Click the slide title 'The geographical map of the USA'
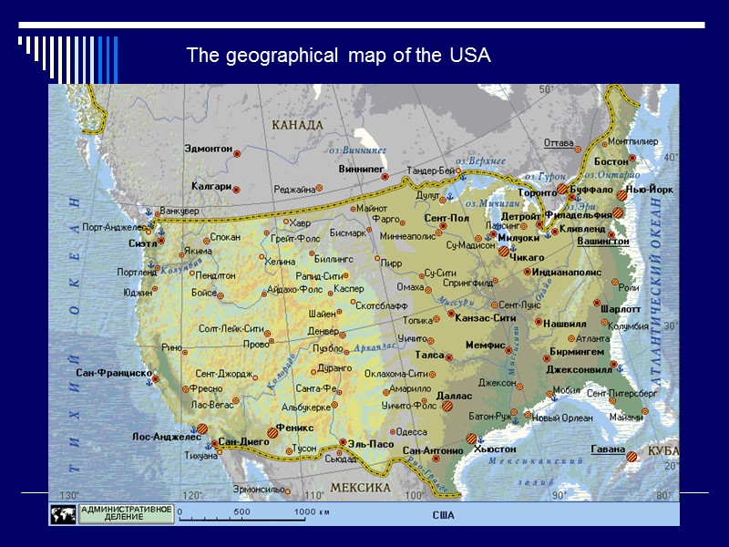click(x=338, y=57)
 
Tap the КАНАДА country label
click(x=297, y=125)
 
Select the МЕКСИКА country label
click(x=360, y=488)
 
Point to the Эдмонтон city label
click(x=208, y=148)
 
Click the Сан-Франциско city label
click(x=113, y=373)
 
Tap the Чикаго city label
click(x=527, y=258)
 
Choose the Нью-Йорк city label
click(x=649, y=190)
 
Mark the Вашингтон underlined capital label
click(x=602, y=242)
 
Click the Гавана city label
click(x=607, y=449)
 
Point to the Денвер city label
click(x=323, y=330)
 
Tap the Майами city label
click(x=626, y=417)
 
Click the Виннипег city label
click(x=361, y=170)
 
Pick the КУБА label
click(x=663, y=451)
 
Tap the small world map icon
click(x=63, y=514)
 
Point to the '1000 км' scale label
click(x=312, y=511)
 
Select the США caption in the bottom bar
click(x=443, y=515)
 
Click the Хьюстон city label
click(x=495, y=449)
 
